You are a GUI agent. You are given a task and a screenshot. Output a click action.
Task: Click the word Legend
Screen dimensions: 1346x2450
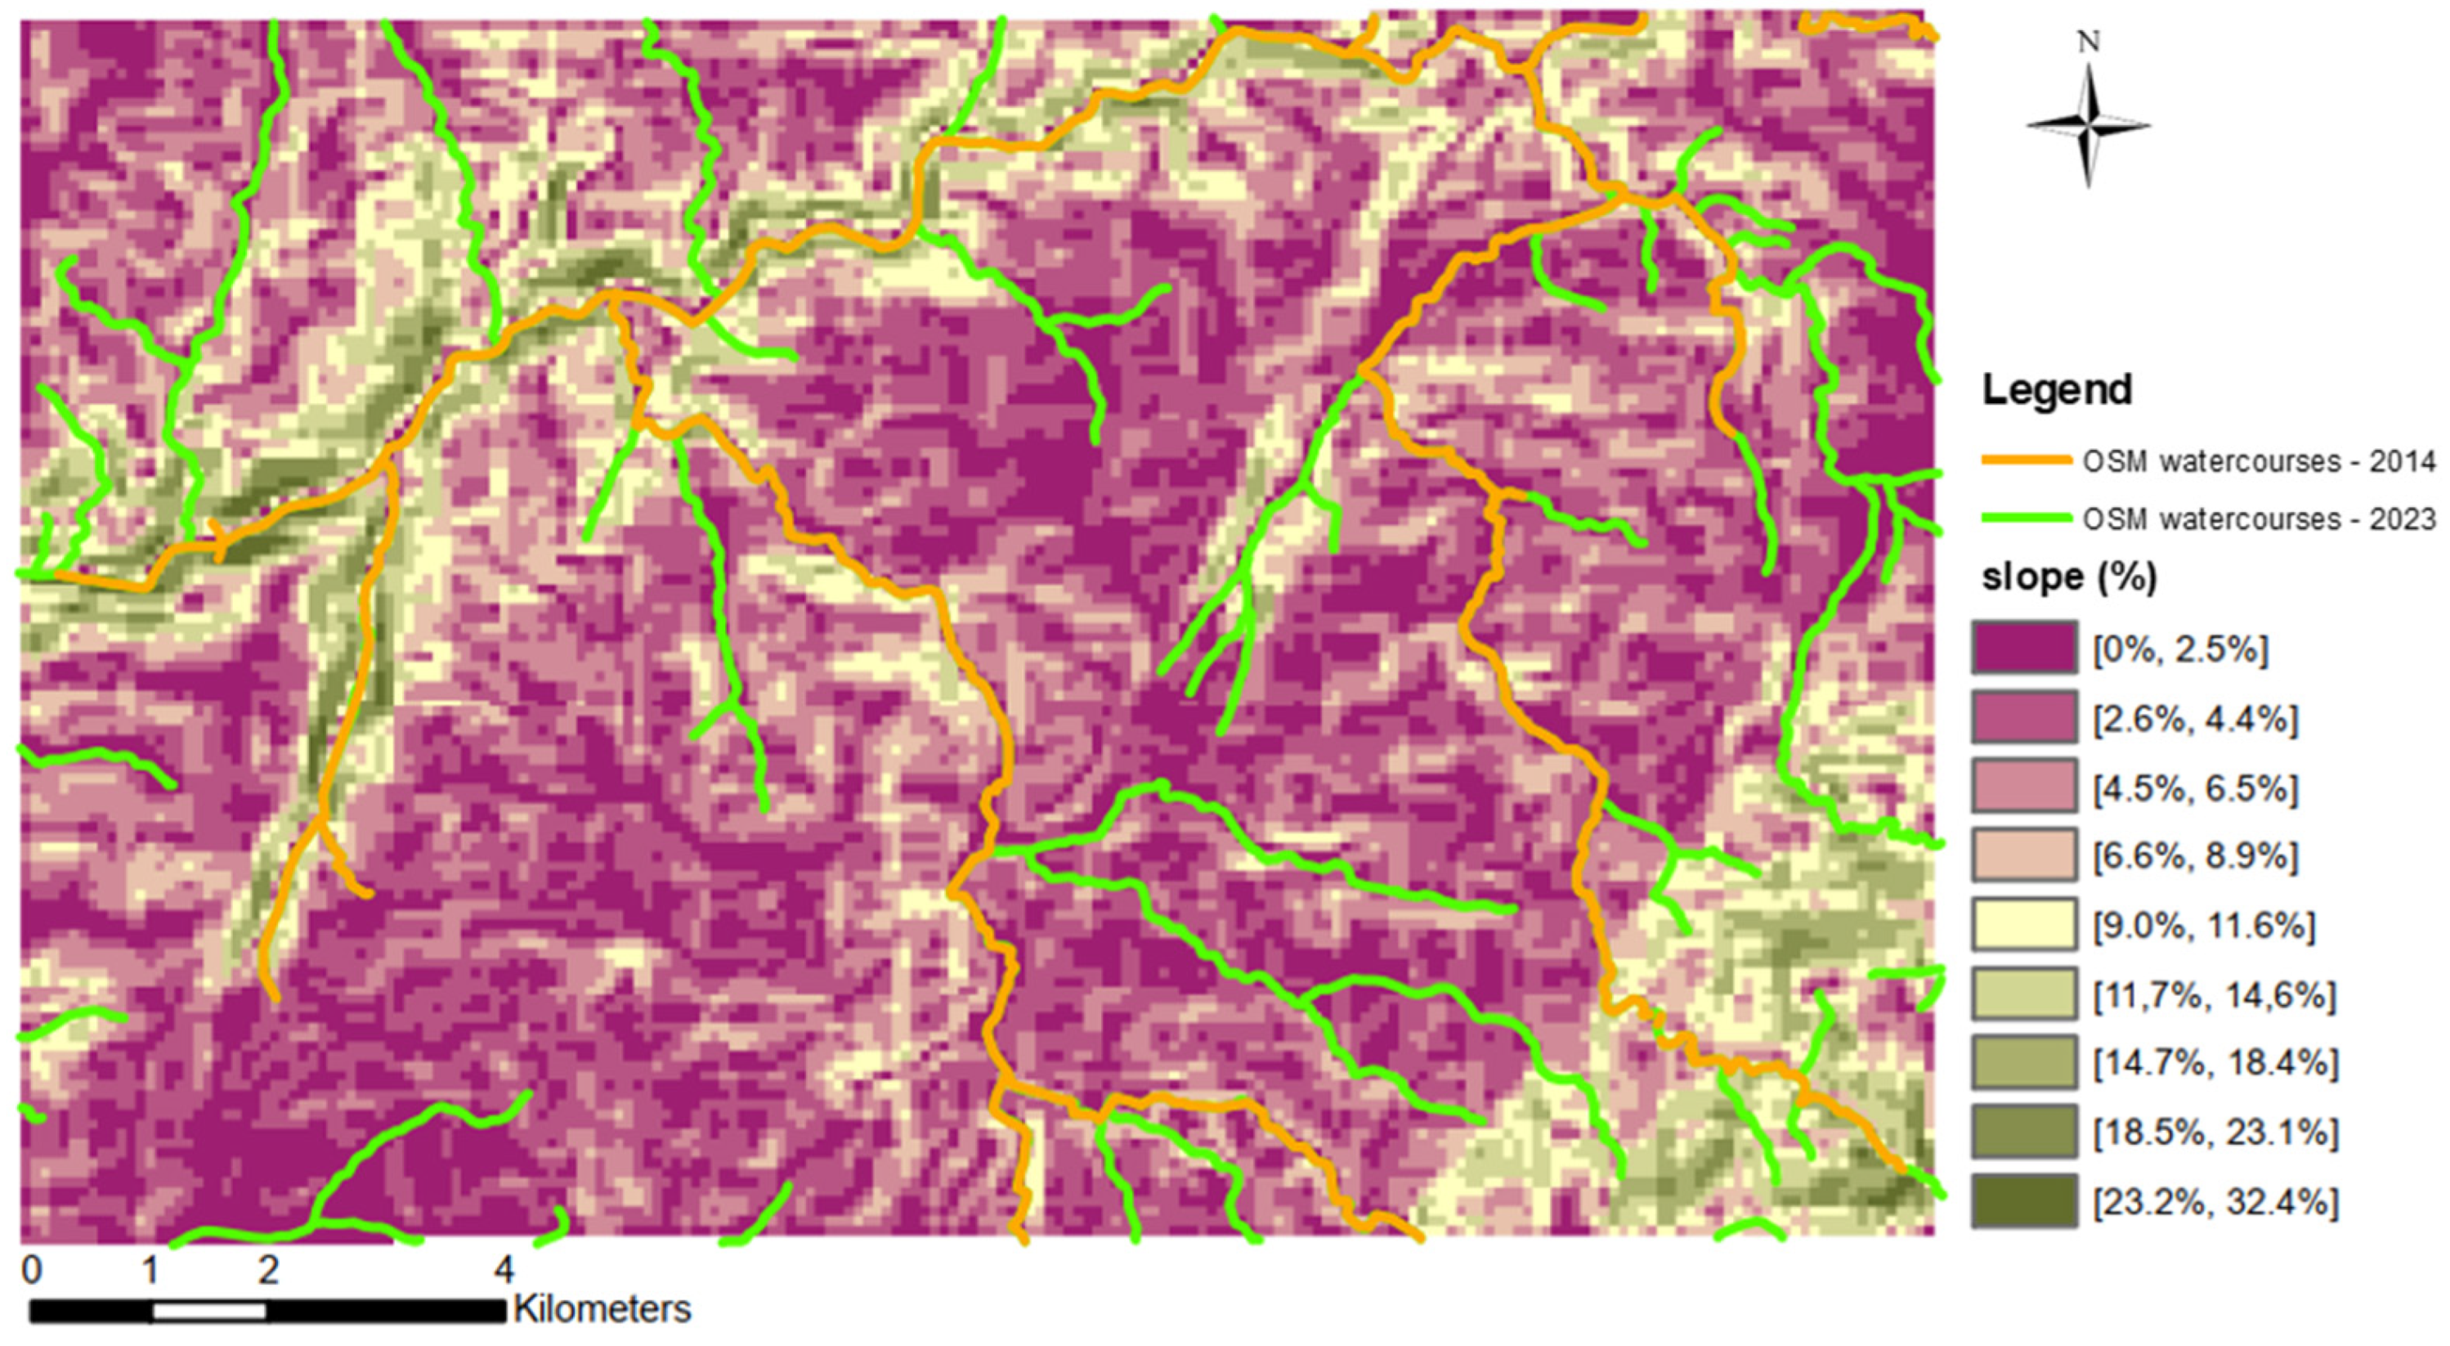pyautogui.click(x=2055, y=390)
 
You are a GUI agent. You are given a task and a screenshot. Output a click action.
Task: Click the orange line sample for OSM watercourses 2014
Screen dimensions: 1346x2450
pyautogui.click(x=2026, y=460)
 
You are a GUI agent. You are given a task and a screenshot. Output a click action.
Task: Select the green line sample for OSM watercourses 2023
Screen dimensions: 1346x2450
pyautogui.click(x=2026, y=518)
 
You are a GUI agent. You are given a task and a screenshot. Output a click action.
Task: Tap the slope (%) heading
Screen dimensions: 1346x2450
pyautogui.click(x=2067, y=577)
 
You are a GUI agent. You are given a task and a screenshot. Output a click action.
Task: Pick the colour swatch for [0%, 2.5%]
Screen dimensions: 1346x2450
pyautogui.click(x=2023, y=648)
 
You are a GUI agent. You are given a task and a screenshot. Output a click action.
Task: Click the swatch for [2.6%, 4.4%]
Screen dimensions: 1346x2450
pyautogui.click(x=2023, y=717)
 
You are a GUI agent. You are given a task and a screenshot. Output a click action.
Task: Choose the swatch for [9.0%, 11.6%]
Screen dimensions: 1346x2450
pyautogui.click(x=2023, y=925)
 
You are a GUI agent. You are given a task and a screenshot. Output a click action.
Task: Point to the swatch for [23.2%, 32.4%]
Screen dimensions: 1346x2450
pyautogui.click(x=2023, y=1201)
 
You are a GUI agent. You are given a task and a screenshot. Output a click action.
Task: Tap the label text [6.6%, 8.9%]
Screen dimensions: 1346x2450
pyautogui.click(x=2195, y=856)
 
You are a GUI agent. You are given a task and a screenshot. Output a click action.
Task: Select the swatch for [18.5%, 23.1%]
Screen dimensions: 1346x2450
pyautogui.click(x=2023, y=1132)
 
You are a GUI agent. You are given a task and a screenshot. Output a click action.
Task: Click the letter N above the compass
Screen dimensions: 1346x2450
pyautogui.click(x=2089, y=42)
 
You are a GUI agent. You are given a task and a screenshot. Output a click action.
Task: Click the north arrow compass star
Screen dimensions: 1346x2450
pyautogui.click(x=2089, y=124)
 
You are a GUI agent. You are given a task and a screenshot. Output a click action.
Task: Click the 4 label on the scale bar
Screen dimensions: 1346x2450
pyautogui.click(x=504, y=1270)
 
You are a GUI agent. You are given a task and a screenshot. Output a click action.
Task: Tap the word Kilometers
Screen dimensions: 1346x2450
pyautogui.click(x=602, y=1310)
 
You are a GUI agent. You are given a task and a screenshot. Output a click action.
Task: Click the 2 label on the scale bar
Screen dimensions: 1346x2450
pyautogui.click(x=268, y=1270)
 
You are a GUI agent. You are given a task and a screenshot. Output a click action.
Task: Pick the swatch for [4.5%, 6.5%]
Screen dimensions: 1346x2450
pyautogui.click(x=2023, y=787)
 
